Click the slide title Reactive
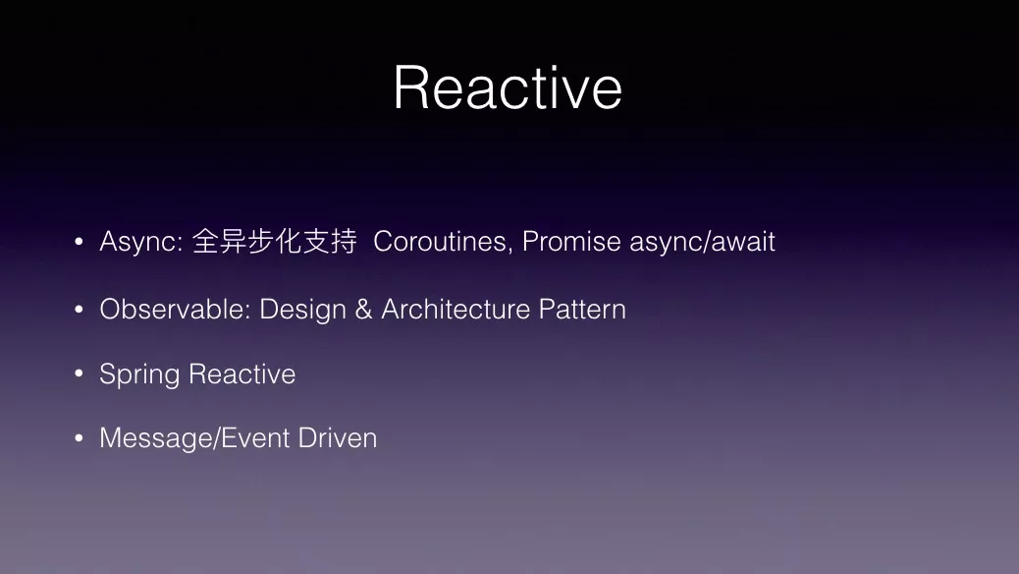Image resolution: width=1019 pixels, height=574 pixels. pyautogui.click(x=508, y=87)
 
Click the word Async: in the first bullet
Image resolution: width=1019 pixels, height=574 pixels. pyautogui.click(x=141, y=243)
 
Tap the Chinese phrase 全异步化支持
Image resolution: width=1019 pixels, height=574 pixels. pyautogui.click(x=274, y=241)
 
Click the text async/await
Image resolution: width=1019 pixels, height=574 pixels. pyautogui.click(x=703, y=242)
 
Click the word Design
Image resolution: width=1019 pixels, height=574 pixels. pyautogui.click(x=302, y=311)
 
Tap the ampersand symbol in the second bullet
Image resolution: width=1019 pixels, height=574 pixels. pyautogui.click(x=364, y=310)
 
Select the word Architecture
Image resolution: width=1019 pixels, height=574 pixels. pyautogui.click(x=456, y=310)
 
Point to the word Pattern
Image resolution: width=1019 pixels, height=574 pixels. pyautogui.click(x=582, y=310)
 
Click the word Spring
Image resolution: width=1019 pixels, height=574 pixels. pyautogui.click(x=139, y=375)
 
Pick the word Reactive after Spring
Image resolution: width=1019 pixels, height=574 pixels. pyautogui.click(x=242, y=374)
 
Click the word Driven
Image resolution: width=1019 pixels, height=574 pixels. pyautogui.click(x=338, y=438)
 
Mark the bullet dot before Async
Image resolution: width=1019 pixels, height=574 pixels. pyautogui.click(x=80, y=242)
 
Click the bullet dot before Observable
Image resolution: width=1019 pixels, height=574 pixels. pyautogui.click(x=80, y=310)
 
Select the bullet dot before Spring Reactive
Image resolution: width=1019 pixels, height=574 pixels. pyautogui.click(x=80, y=373)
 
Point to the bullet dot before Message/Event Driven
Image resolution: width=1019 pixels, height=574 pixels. pyautogui.click(x=80, y=438)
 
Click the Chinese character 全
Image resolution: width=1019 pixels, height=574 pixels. pyautogui.click(x=205, y=241)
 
